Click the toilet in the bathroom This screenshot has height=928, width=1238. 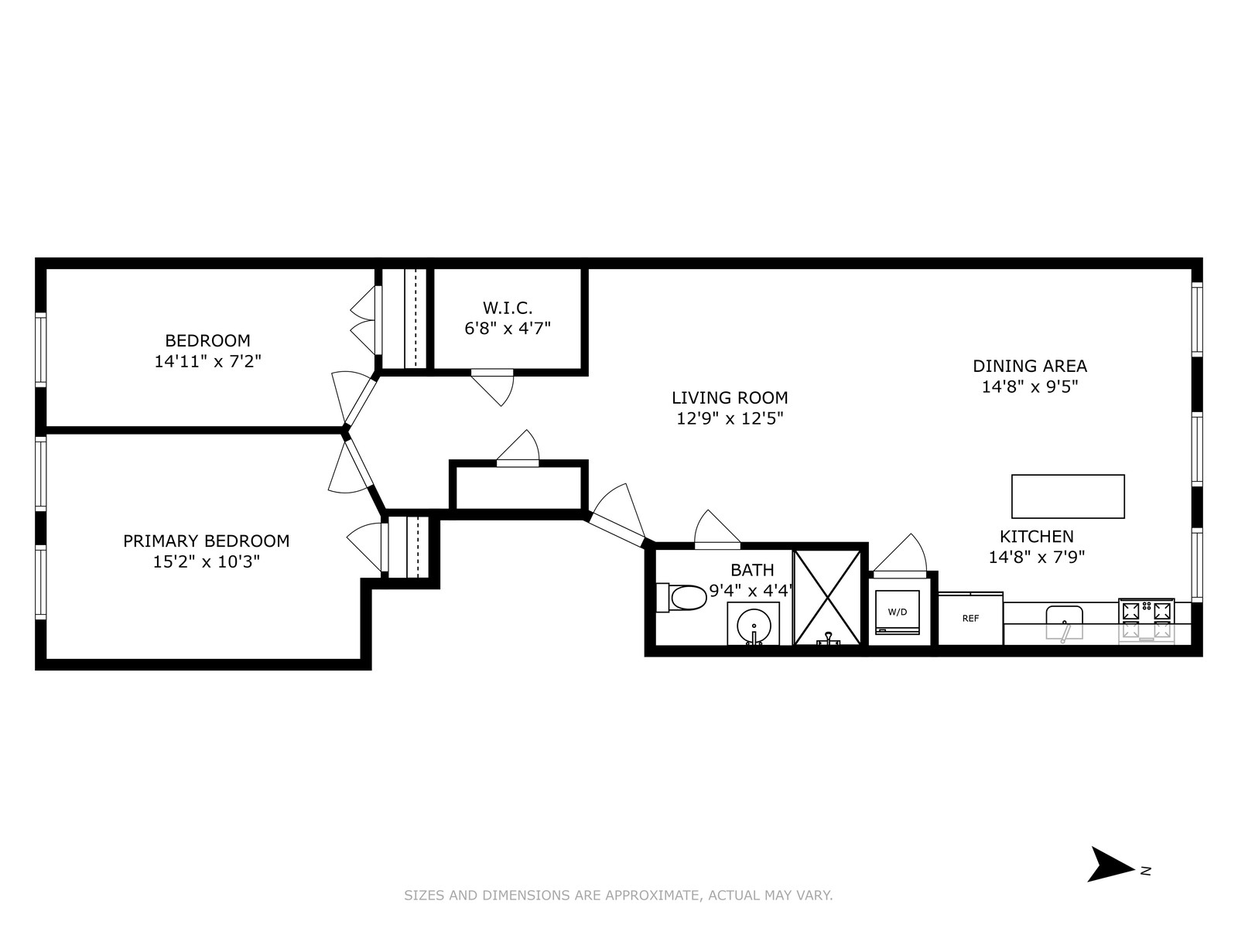pos(684,597)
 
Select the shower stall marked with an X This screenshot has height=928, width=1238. pos(827,597)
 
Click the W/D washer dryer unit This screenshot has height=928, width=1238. pos(898,612)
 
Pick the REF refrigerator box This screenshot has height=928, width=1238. pos(971,618)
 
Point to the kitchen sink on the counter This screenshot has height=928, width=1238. pos(1065,622)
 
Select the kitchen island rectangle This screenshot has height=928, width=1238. pos(1068,496)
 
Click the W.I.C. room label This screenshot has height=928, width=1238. pos(508,308)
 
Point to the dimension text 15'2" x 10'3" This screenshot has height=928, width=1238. pos(206,561)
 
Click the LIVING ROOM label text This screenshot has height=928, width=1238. pos(730,397)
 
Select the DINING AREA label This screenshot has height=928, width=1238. pos(1029,366)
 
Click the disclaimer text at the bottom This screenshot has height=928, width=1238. pos(618,896)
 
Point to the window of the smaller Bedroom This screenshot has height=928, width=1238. pos(41,349)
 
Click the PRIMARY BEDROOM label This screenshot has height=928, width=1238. pos(206,541)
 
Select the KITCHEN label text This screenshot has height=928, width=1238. pos(1036,536)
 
